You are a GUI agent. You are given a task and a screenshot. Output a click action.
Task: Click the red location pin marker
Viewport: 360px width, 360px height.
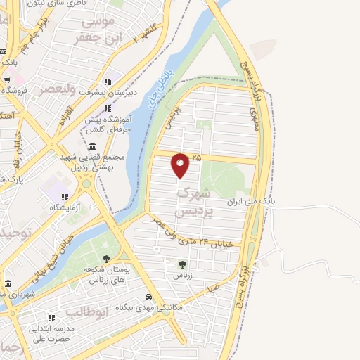(x=180, y=165)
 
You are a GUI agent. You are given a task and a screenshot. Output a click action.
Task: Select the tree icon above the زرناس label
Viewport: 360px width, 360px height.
(x=183, y=265)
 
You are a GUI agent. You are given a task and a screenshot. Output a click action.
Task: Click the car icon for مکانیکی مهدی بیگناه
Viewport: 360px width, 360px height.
(x=148, y=297)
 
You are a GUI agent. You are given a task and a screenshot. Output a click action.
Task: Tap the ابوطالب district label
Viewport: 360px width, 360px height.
(x=86, y=311)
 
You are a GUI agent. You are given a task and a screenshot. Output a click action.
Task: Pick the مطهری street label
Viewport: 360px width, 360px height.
(x=254, y=116)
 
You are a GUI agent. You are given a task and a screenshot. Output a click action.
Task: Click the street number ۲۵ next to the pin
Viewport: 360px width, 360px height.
(x=196, y=157)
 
